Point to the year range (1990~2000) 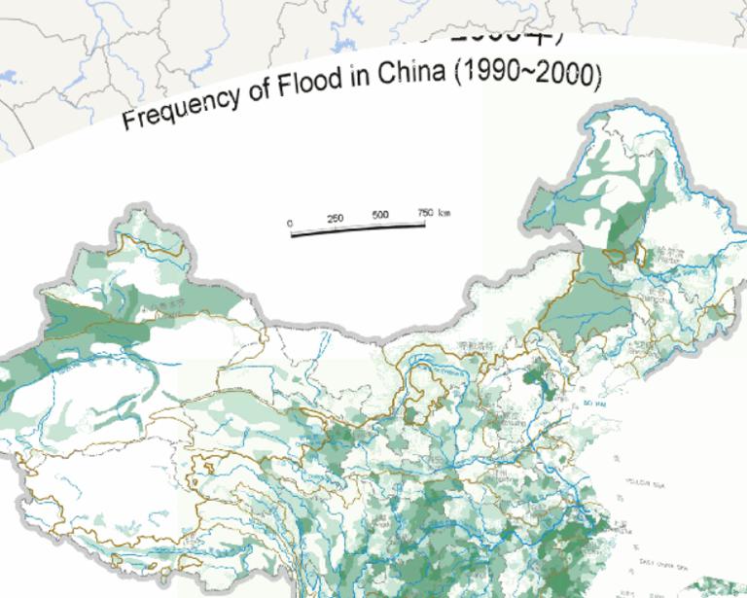(x=519, y=75)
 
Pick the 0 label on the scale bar (x=290, y=223)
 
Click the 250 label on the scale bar (x=335, y=218)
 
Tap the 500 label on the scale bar (x=379, y=215)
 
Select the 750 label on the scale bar (x=425, y=212)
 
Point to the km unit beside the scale (x=445, y=212)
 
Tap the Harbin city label (x=666, y=252)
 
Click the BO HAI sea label (x=592, y=403)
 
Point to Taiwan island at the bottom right (x=715, y=587)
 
